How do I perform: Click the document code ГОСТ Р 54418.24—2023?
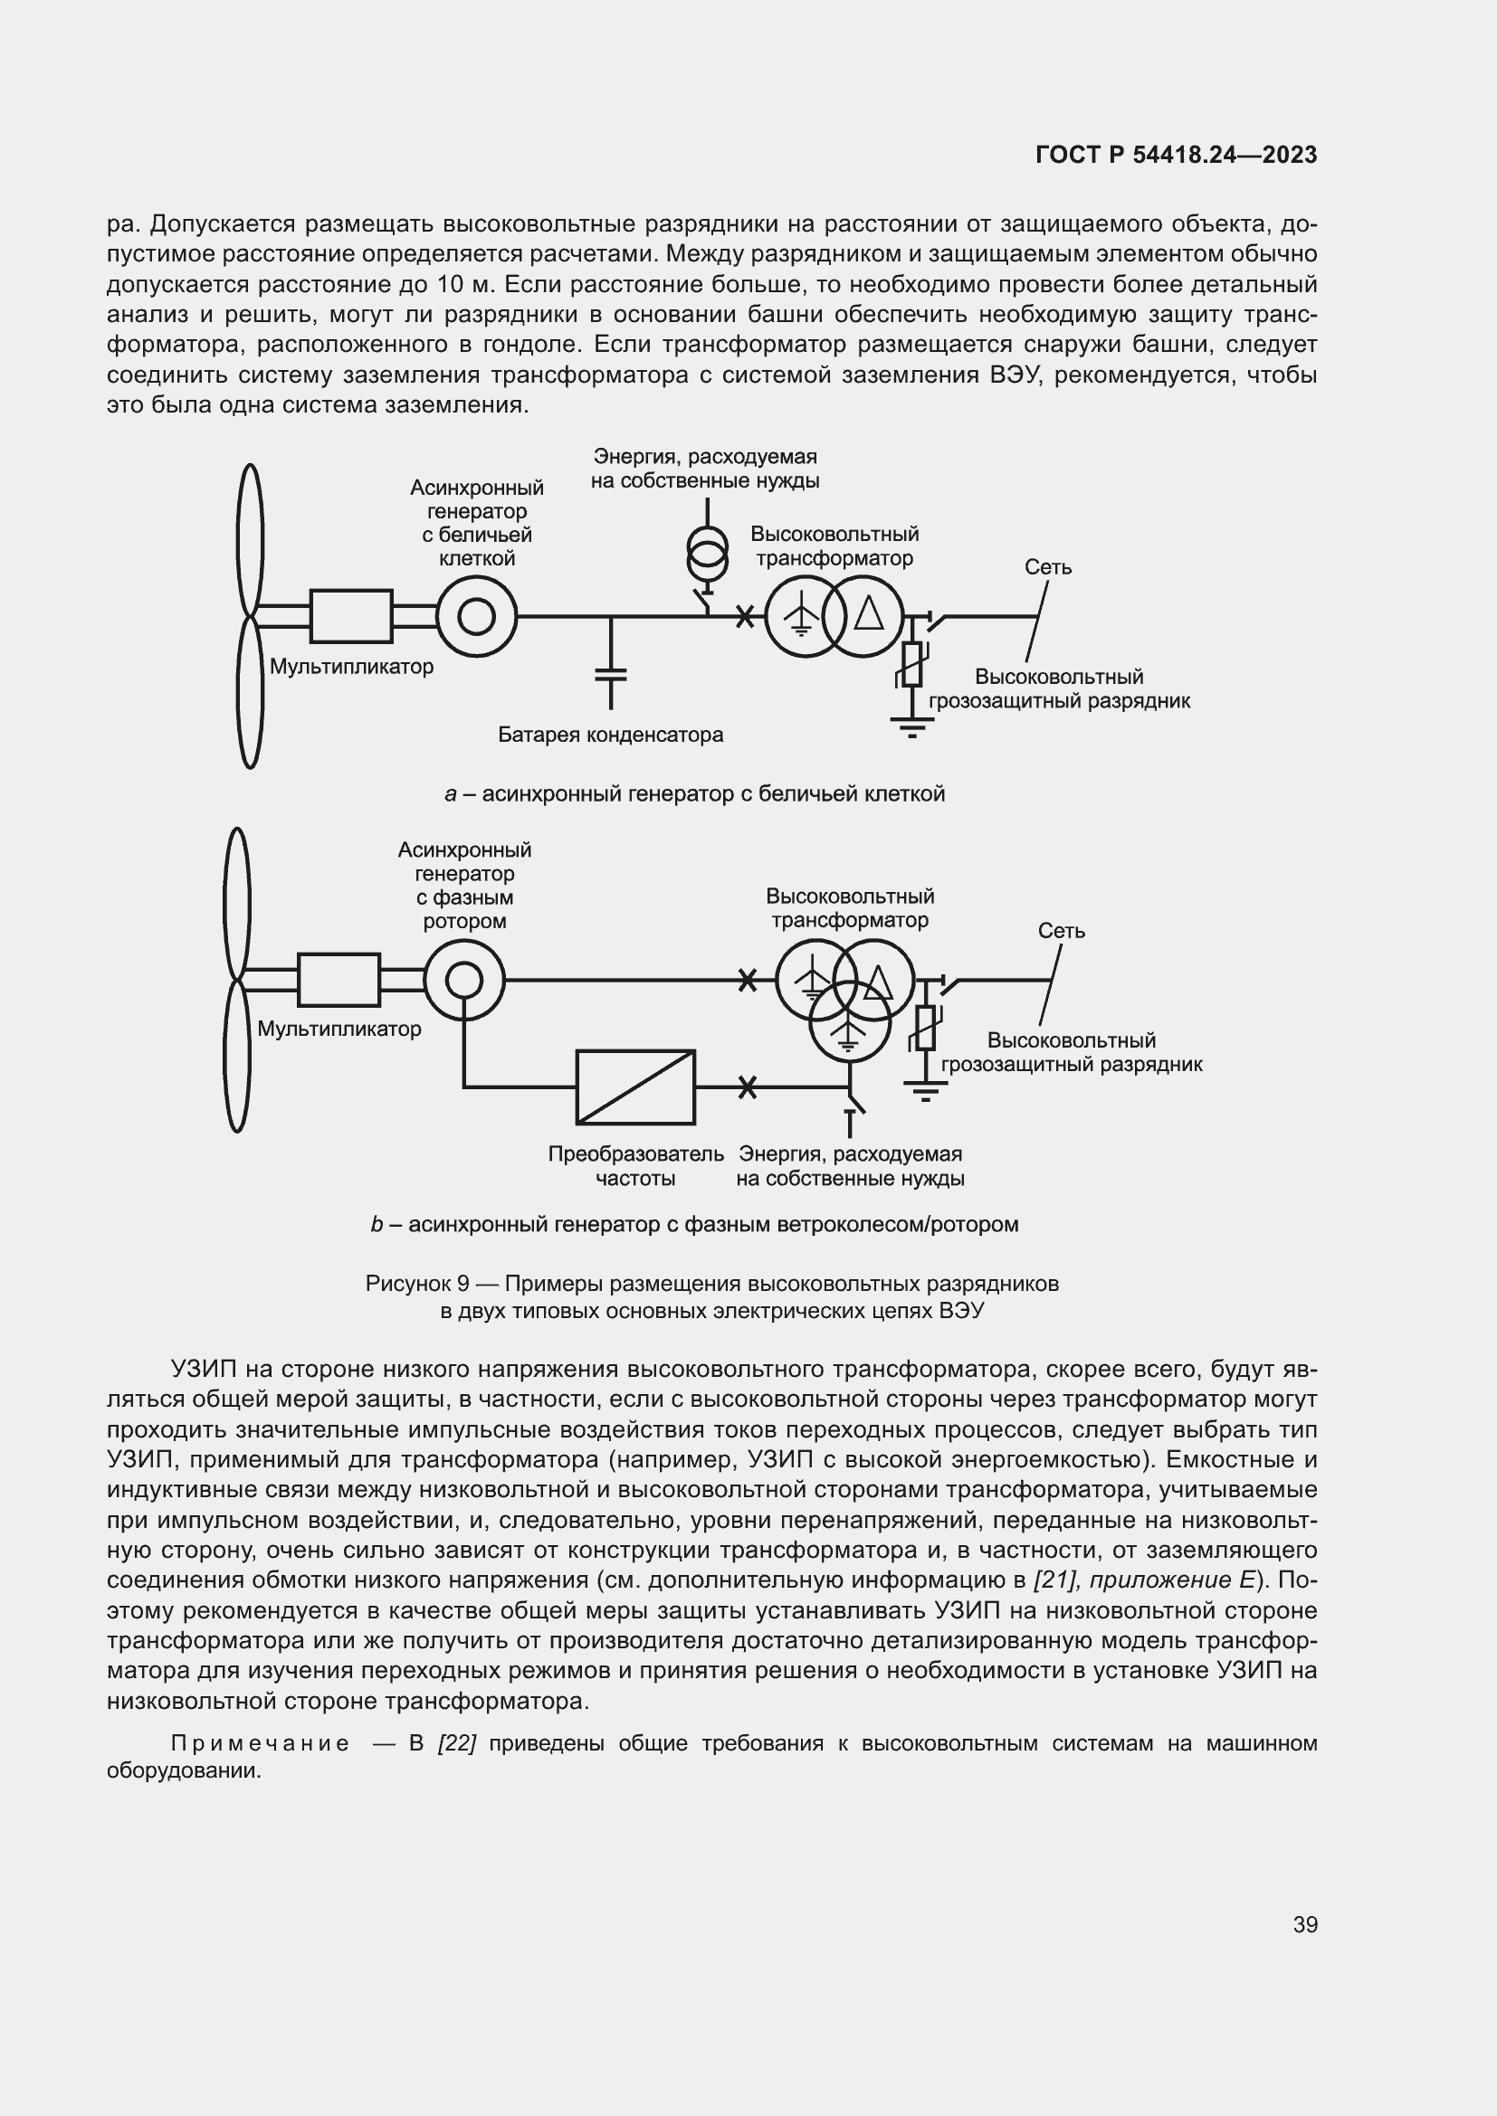1177,155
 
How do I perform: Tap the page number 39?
1305,1924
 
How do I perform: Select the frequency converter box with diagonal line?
635,1086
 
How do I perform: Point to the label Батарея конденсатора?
610,735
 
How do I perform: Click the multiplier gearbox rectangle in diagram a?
351,616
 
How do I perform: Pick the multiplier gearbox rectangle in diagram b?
339,979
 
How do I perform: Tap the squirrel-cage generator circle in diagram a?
477,616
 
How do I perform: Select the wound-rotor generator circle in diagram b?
463,979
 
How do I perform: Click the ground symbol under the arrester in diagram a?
911,727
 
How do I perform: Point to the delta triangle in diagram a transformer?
869,612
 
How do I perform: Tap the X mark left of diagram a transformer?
745,616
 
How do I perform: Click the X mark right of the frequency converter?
748,1086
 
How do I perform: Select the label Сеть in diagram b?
1061,931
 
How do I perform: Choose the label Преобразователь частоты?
636,1166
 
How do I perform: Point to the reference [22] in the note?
456,1742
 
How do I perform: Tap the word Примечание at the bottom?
260,1742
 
